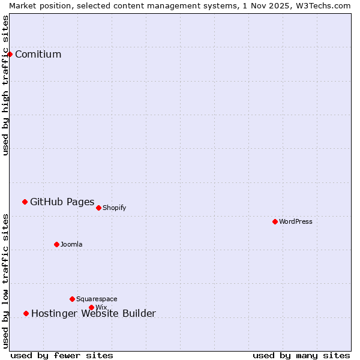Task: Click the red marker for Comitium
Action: pos(10,54)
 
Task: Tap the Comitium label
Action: pos(38,55)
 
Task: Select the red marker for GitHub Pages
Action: pos(25,202)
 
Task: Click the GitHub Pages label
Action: pos(62,202)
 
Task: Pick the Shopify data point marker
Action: pos(98,208)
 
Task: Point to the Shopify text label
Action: pos(114,208)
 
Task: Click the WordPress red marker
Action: pos(275,221)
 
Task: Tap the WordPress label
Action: pos(295,222)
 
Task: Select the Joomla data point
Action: pos(56,244)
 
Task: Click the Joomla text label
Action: pos(71,245)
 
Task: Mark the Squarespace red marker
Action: pos(72,299)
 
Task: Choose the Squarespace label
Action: pos(97,299)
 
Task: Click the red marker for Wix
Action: pos(91,307)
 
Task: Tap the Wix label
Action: pos(101,308)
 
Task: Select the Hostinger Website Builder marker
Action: pos(26,313)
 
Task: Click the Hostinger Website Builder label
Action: pos(93,314)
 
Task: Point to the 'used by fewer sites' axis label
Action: pos(62,356)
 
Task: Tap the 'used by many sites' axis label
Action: pos(301,356)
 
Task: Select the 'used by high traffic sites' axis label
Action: pos(6,85)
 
